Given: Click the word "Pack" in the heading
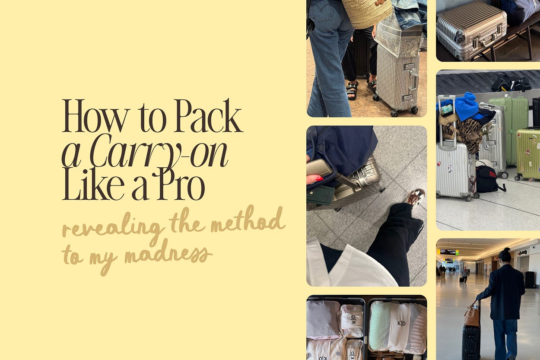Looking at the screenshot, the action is click(x=209, y=116).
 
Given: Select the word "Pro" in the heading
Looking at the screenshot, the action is click(x=181, y=184).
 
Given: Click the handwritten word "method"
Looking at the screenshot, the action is click(x=248, y=220).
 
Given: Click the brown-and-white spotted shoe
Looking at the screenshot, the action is click(x=416, y=196).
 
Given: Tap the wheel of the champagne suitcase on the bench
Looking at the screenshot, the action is click(x=459, y=38).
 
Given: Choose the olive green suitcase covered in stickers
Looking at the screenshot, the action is click(x=527, y=154).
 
